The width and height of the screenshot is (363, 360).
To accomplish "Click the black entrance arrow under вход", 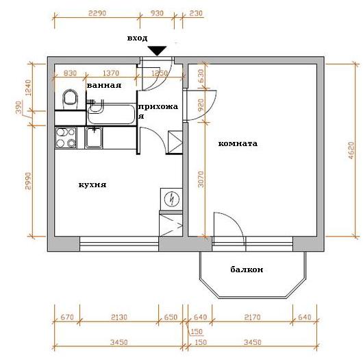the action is [x=158, y=51].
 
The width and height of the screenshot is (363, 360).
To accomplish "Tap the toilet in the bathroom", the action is [x=70, y=99].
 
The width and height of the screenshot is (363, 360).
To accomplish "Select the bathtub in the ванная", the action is [x=112, y=114].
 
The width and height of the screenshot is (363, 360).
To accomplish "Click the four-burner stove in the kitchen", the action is [x=66, y=138].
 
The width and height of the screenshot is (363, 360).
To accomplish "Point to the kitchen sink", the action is [x=94, y=137].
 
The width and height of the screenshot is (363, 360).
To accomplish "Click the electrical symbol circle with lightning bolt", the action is [x=171, y=199].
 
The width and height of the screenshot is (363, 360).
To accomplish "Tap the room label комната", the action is [x=238, y=144].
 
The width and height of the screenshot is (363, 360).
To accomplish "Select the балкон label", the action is [x=247, y=269].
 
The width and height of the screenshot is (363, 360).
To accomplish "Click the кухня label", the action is [x=92, y=184].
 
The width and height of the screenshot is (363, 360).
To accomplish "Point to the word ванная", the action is [x=104, y=85].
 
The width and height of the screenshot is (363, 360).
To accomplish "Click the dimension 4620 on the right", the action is [x=351, y=150].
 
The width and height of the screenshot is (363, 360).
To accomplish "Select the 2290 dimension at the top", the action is [x=97, y=13].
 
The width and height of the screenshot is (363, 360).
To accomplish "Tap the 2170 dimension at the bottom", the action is [x=252, y=317].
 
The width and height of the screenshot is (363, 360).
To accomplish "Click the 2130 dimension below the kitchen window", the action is [x=119, y=317].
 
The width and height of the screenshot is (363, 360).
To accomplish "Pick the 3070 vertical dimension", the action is [x=201, y=179].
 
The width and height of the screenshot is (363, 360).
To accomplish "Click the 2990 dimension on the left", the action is [x=28, y=181].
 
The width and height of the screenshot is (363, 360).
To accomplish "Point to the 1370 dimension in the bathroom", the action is [x=111, y=73].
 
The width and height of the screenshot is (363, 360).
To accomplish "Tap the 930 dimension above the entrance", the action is [x=157, y=13].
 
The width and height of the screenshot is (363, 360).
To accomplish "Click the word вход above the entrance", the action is [x=137, y=38].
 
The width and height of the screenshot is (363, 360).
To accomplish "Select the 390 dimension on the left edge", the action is [x=18, y=108].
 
